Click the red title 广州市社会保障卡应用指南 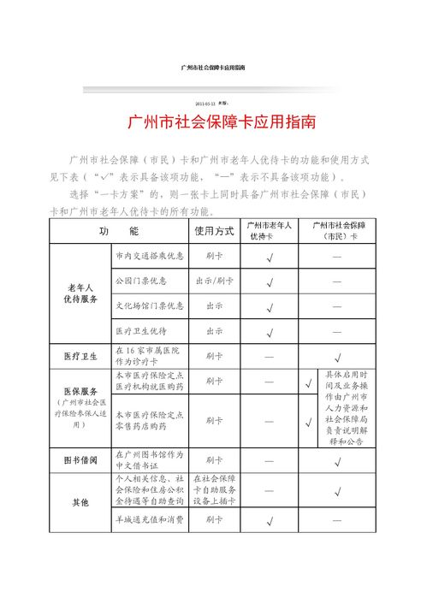[221, 122]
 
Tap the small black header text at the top [214, 67]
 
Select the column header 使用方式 [213, 231]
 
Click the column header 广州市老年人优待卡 [269, 231]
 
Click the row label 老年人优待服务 [80, 293]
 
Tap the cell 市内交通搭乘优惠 [149, 256]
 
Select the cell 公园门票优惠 [141, 281]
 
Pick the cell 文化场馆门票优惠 [149, 305]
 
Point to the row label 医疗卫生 [80, 355]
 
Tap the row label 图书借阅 [80, 460]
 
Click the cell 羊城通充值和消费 [149, 520]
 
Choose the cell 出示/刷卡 [213, 281]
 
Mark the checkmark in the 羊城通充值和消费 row [269, 520]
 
